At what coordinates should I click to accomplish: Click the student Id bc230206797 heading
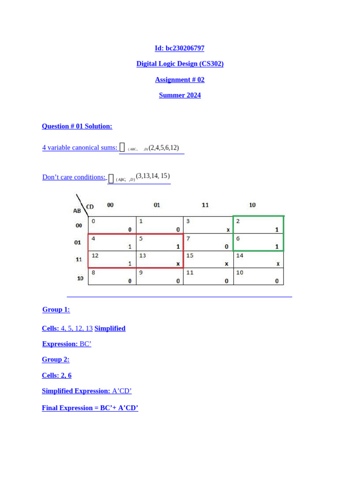[x=180, y=48]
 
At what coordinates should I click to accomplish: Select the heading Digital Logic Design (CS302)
[x=180, y=64]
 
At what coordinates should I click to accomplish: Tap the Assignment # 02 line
[x=180, y=80]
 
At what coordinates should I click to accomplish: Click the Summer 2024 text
[x=180, y=95]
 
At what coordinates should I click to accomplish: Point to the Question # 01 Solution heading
[x=77, y=126]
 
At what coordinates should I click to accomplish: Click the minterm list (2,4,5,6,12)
[x=164, y=148]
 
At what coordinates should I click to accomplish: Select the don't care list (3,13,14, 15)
[x=153, y=176]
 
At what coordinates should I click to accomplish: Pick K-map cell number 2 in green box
[x=258, y=225]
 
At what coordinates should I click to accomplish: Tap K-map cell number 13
[x=159, y=259]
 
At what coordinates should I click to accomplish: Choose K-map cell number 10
[x=258, y=277]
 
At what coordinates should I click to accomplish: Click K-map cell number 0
[x=112, y=225]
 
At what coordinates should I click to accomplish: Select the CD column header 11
[x=205, y=205]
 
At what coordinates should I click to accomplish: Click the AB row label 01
[x=78, y=242]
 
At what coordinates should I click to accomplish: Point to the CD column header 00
[x=110, y=205]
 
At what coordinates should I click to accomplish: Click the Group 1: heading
[x=56, y=309]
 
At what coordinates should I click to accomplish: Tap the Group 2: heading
[x=56, y=360]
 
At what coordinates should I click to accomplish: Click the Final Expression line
[x=90, y=408]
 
